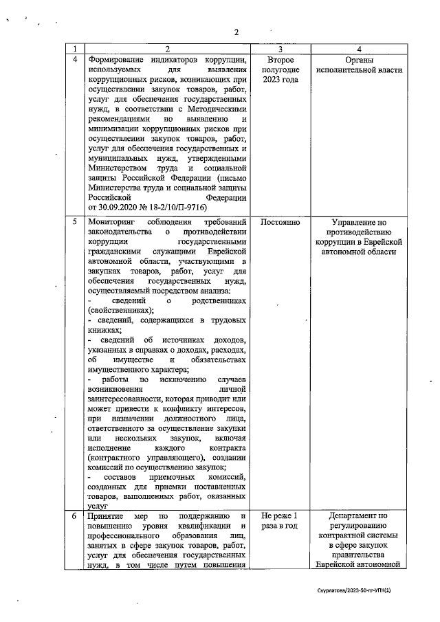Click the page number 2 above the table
[236, 32]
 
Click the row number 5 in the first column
[75, 223]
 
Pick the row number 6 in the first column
[75, 515]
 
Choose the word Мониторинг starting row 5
[113, 223]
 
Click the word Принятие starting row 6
[106, 515]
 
